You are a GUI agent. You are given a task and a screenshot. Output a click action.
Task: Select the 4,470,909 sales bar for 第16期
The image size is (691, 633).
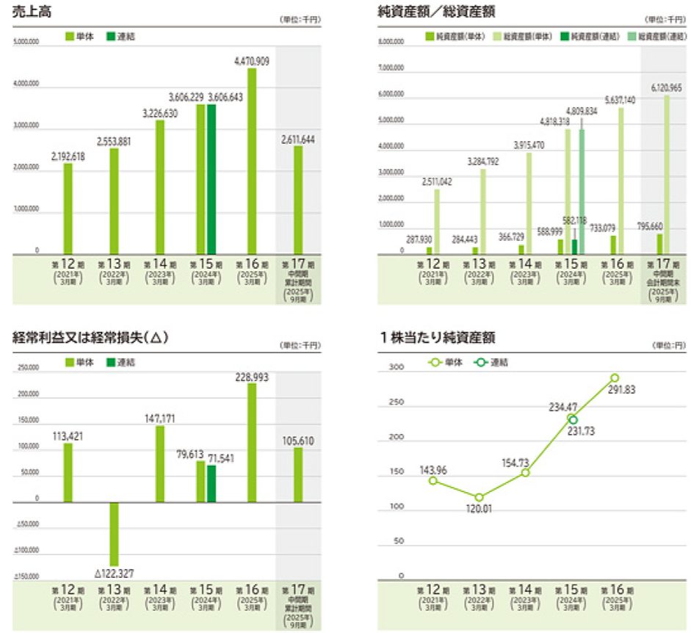pyautogui.click(x=252, y=162)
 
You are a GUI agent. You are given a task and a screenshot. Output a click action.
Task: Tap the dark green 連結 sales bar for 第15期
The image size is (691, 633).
pyautogui.click(x=211, y=179)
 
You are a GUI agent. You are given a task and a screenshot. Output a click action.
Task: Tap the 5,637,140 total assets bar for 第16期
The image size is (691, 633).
pyautogui.click(x=621, y=181)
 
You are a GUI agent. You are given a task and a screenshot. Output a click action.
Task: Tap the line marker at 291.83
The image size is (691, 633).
pyautogui.click(x=614, y=378)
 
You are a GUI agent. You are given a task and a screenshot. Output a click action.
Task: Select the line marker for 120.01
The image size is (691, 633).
pyautogui.click(x=480, y=497)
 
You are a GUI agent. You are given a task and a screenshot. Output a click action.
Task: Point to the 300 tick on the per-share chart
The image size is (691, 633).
pyautogui.click(x=397, y=367)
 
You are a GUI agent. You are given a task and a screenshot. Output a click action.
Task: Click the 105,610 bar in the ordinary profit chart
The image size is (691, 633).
pyautogui.click(x=298, y=474)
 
